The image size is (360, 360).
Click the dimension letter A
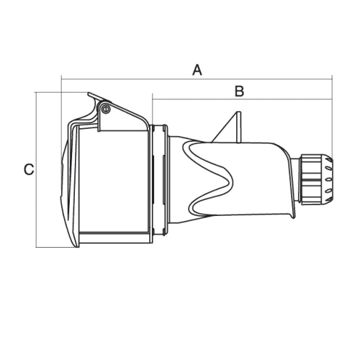[197, 70]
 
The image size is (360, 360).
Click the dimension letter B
[239, 91]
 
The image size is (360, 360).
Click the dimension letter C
[29, 169]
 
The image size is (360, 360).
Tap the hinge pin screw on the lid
[106, 109]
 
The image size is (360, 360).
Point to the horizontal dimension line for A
[197, 78]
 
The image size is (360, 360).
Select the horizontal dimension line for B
[242, 99]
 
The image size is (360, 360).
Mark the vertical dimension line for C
[36, 169]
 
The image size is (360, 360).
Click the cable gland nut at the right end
[317, 179]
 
